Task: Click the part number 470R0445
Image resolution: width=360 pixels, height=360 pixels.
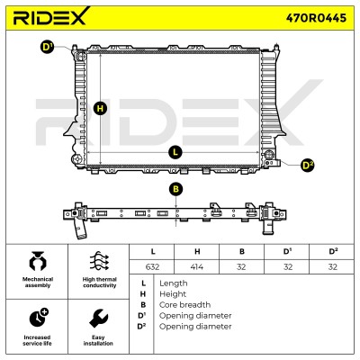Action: tap(316, 18)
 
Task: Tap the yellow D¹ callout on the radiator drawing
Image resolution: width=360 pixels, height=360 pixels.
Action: tap(48, 48)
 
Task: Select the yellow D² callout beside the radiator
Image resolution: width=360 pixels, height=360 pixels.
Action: tap(307, 165)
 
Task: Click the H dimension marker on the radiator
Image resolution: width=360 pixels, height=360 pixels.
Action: tap(100, 108)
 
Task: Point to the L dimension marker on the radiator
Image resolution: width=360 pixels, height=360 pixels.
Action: tap(175, 152)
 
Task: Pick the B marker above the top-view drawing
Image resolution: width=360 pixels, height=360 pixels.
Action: tap(175, 189)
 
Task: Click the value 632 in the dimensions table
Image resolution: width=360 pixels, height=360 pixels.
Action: tap(152, 266)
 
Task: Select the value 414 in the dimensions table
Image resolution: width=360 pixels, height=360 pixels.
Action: tap(197, 266)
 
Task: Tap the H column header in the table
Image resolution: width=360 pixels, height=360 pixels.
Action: tap(197, 251)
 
